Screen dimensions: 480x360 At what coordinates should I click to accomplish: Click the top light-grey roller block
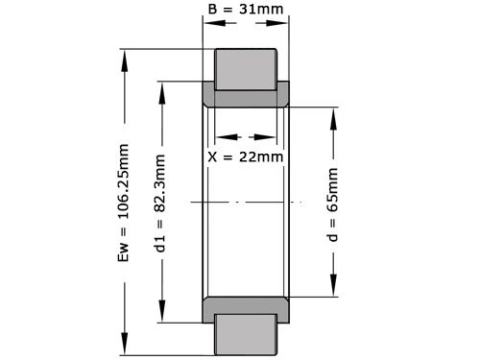point(246,68)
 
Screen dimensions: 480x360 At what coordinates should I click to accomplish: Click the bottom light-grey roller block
point(246,335)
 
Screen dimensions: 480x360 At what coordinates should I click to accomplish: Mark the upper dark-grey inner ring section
point(246,97)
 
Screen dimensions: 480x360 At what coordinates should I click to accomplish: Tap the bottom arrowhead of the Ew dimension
point(124,351)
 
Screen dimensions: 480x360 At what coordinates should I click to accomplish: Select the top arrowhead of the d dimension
point(333,112)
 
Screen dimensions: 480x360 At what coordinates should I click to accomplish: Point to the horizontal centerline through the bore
point(246,202)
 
